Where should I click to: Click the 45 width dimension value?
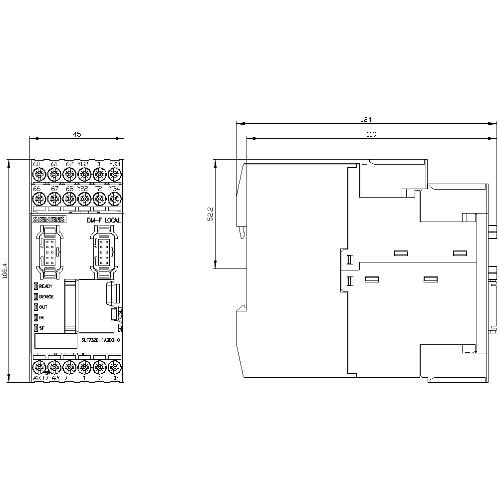click(77, 134)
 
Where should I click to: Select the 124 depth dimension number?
click(366, 119)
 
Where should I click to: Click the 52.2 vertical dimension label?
click(211, 214)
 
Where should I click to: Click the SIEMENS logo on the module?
click(49, 220)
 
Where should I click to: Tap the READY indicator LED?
click(36, 286)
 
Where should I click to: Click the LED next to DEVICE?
click(36, 296)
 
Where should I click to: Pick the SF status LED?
click(36, 328)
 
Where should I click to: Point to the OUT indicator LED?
click(36, 307)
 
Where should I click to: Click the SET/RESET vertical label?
click(119, 319)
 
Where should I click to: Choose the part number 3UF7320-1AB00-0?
click(100, 340)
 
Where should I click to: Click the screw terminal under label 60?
click(38, 174)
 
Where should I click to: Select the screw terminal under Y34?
click(115, 199)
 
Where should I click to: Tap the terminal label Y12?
click(83, 164)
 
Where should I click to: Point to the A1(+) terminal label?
click(41, 378)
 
